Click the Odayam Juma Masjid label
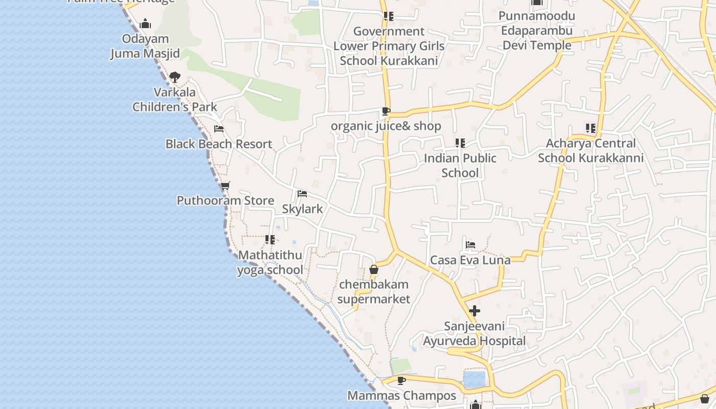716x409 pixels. click(x=145, y=46)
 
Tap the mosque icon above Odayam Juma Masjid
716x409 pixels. click(x=145, y=24)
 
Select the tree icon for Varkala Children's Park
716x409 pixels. click(x=174, y=77)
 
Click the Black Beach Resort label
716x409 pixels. click(x=218, y=144)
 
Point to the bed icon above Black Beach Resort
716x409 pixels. click(x=219, y=129)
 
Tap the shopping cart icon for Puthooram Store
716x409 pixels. click(x=225, y=186)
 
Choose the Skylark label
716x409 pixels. click(x=302, y=209)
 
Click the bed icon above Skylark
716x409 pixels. click(x=302, y=194)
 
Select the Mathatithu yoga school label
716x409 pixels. click(x=270, y=262)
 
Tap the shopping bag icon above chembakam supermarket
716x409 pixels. click(x=374, y=269)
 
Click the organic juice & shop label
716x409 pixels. click(x=386, y=126)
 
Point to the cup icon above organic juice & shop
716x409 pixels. click(x=386, y=111)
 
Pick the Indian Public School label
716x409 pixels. click(x=460, y=165)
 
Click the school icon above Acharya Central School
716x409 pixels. click(x=591, y=128)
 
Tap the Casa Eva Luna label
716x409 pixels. click(x=470, y=260)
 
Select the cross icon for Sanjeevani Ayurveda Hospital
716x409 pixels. click(x=475, y=310)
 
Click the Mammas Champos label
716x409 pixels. click(x=401, y=396)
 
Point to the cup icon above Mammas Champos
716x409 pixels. click(x=401, y=380)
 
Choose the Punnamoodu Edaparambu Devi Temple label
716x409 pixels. click(x=536, y=31)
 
